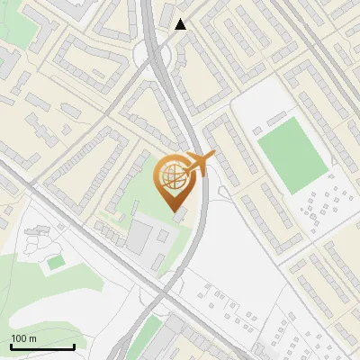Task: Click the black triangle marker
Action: tap(181, 24)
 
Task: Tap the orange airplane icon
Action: tap(199, 163)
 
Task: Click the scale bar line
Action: tap(42, 346)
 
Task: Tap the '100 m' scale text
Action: tap(23, 338)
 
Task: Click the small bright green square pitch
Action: tap(56, 262)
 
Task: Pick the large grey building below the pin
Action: tap(140, 237)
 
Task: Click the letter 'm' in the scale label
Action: tap(32, 338)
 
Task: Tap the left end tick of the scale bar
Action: tap(11, 346)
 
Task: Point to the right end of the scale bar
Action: tap(74, 346)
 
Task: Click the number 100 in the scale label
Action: tap(19, 338)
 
